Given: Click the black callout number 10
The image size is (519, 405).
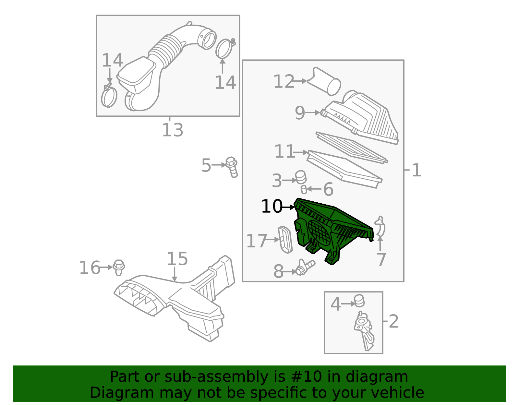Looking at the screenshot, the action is pyautogui.click(x=272, y=207).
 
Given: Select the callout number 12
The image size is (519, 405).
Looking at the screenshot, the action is pyautogui.click(x=284, y=82).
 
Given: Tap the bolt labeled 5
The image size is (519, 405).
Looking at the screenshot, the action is pyautogui.click(x=232, y=167).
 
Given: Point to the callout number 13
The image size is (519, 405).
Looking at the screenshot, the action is pyautogui.click(x=173, y=130).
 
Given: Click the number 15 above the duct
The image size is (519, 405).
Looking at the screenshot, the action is pyautogui.click(x=177, y=259).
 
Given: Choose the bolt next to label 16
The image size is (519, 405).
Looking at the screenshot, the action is pyautogui.click(x=119, y=268).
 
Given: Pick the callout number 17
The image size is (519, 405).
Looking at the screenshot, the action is pyautogui.click(x=256, y=241).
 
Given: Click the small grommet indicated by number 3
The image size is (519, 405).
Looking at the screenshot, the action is pyautogui.click(x=301, y=177).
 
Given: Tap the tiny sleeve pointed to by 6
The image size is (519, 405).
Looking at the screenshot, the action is pyautogui.click(x=304, y=190).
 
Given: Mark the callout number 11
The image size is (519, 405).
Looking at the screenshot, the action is pyautogui.click(x=284, y=151).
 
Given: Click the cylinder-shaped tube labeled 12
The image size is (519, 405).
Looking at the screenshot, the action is pyautogui.click(x=324, y=82).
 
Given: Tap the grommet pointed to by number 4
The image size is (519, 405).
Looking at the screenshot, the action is pyautogui.click(x=359, y=301).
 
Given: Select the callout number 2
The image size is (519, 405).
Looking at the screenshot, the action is pyautogui.click(x=393, y=321).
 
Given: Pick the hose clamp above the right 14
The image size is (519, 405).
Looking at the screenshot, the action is pyautogui.click(x=225, y=48).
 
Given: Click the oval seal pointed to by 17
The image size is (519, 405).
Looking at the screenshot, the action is pyautogui.click(x=285, y=240).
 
